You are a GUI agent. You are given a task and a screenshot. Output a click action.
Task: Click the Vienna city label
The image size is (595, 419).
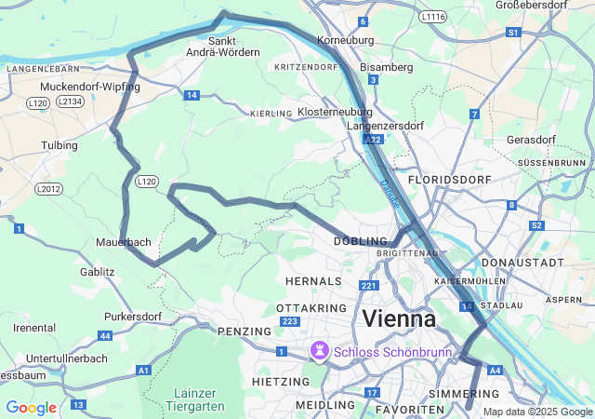(399, 318)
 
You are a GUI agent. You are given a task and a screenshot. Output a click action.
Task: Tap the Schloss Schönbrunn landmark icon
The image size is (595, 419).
(320, 352)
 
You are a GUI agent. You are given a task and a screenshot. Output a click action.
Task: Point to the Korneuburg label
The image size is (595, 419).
(345, 41)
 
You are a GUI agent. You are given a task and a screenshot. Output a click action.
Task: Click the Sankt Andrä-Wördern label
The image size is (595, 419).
(222, 47)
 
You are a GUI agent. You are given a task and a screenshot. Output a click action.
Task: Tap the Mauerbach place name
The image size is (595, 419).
(123, 242)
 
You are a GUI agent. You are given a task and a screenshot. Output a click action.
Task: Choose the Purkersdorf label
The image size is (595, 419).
(133, 317)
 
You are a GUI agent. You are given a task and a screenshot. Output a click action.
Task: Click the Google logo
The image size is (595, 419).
(31, 407)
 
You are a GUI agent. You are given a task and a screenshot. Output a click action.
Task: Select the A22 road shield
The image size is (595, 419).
(373, 139)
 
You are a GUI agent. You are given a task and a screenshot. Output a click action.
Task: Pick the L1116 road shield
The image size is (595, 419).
(432, 17)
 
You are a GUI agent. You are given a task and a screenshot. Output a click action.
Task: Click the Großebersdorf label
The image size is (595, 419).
(531, 5)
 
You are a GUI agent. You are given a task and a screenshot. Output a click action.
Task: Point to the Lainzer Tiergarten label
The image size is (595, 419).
(195, 399)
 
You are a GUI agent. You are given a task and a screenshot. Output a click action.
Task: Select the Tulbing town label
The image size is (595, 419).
(59, 146)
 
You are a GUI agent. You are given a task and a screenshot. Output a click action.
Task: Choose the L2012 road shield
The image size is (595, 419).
(47, 189)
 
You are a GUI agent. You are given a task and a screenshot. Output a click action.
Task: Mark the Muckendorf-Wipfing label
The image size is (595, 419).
(89, 87)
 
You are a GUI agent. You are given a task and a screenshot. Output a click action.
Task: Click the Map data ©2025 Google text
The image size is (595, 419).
(536, 412)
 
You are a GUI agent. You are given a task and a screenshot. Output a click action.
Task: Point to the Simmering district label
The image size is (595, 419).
(464, 395)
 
